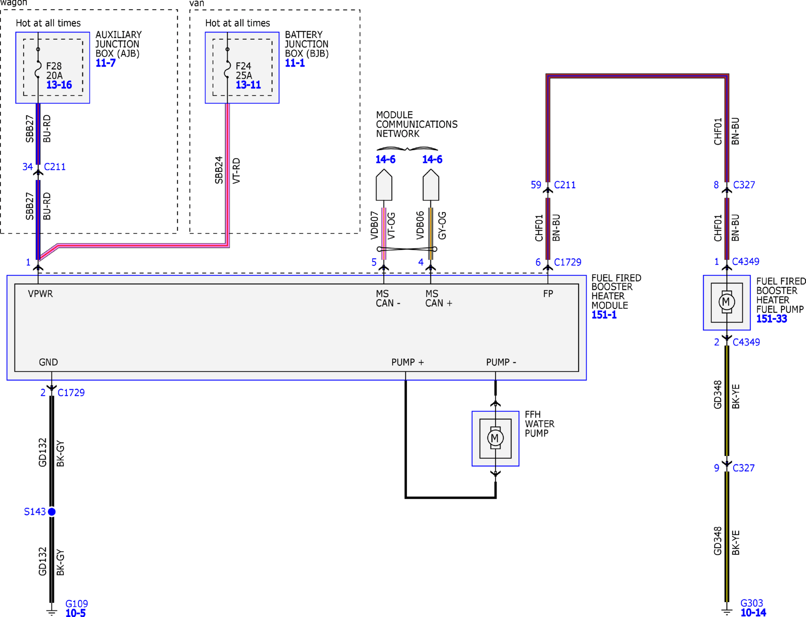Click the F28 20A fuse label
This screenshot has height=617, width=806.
(x=54, y=71)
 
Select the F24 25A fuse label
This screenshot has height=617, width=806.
(x=244, y=71)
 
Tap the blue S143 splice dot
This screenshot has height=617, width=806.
(x=52, y=512)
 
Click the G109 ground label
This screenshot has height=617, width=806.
(x=76, y=604)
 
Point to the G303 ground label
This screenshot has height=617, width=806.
(x=752, y=603)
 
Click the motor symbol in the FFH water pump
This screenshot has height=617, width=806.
(x=495, y=438)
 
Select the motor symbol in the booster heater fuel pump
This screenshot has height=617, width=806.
(x=727, y=302)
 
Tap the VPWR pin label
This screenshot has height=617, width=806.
(x=40, y=294)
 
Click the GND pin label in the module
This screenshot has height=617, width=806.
(x=48, y=362)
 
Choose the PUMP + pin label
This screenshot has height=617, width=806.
(x=408, y=362)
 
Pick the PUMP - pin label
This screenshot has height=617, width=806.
(x=501, y=362)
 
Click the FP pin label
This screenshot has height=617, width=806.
(x=548, y=294)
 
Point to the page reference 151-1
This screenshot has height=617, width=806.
(x=604, y=315)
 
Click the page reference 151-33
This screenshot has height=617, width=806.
(x=772, y=319)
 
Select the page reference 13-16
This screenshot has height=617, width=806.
(x=59, y=85)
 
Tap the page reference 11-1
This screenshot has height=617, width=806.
(x=295, y=63)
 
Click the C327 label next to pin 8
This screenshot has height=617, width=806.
(x=744, y=185)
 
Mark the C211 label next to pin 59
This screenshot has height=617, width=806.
(x=565, y=185)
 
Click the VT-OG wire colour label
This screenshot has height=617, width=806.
(x=391, y=226)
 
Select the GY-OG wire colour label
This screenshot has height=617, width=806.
(x=442, y=226)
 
